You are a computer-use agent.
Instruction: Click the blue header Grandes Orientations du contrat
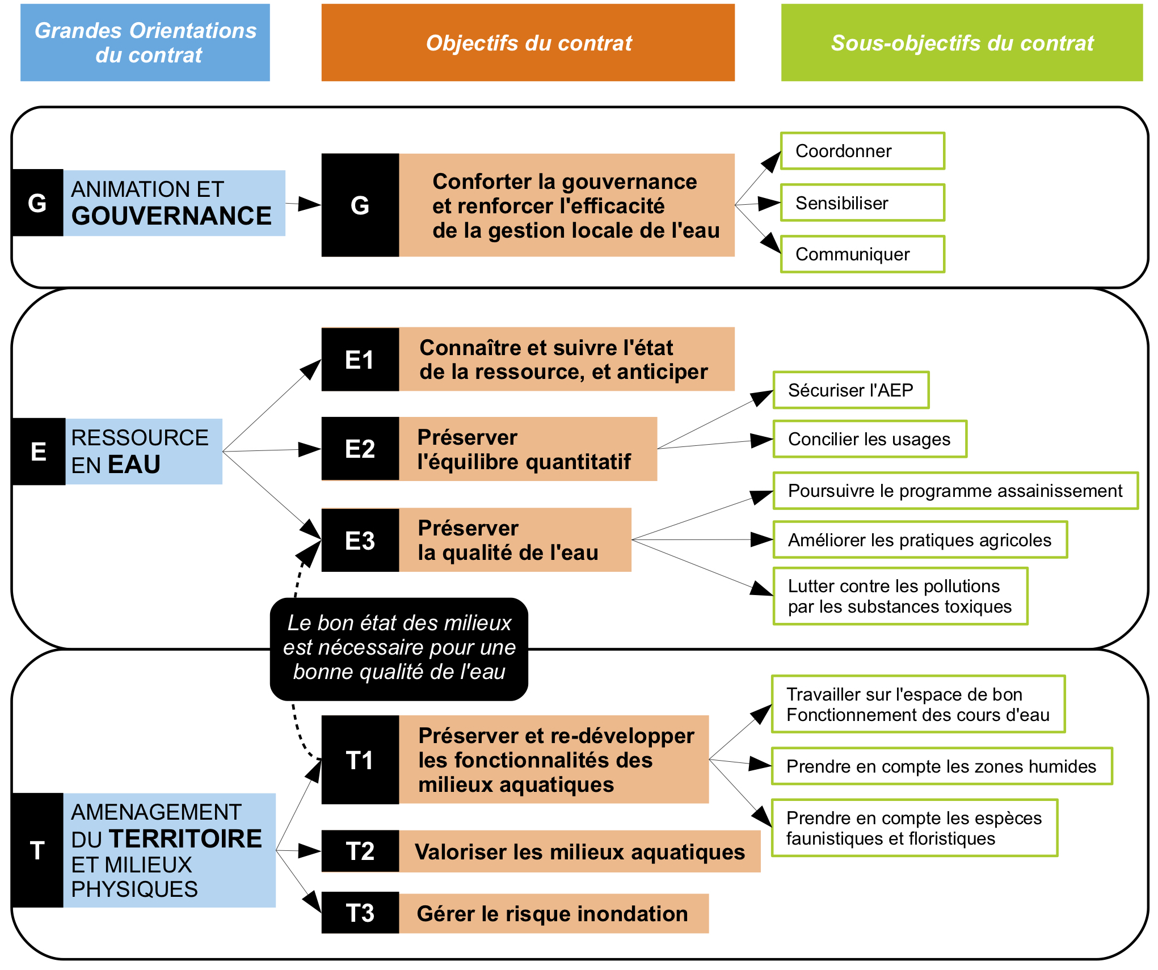pos(145,43)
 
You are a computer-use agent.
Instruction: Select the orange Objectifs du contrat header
pos(528,43)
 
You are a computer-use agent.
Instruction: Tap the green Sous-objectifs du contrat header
pos(962,43)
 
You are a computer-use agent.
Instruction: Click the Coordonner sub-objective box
pos(862,151)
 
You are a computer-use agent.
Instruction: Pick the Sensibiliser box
pos(862,203)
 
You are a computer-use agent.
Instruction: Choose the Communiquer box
pos(862,254)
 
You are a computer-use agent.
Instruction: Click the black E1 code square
pos(360,360)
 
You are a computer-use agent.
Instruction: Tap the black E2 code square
pos(360,449)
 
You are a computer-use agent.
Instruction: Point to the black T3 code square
pos(360,913)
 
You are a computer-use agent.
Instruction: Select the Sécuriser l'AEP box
pos(851,390)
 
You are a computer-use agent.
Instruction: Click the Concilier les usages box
pos(870,439)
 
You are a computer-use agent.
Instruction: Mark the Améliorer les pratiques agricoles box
pos(920,540)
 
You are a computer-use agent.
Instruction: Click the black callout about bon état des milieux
pos(399,649)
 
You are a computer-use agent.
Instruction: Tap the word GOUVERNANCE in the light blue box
pos(171,216)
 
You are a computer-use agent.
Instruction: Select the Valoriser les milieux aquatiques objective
pos(579,851)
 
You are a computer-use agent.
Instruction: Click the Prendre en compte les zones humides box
pos(942,766)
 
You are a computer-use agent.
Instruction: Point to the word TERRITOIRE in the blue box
pos(186,839)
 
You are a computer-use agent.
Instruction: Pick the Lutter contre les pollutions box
pos(900,596)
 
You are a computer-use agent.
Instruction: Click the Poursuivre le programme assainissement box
pos(955,491)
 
